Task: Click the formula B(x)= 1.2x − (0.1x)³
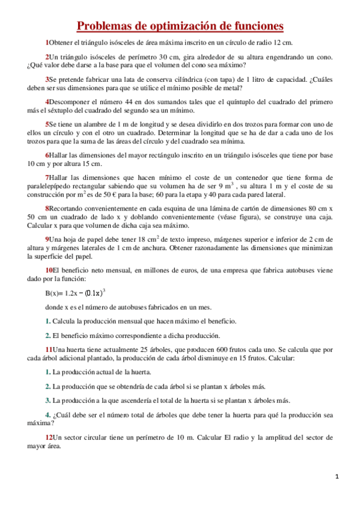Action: pos(75,293)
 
